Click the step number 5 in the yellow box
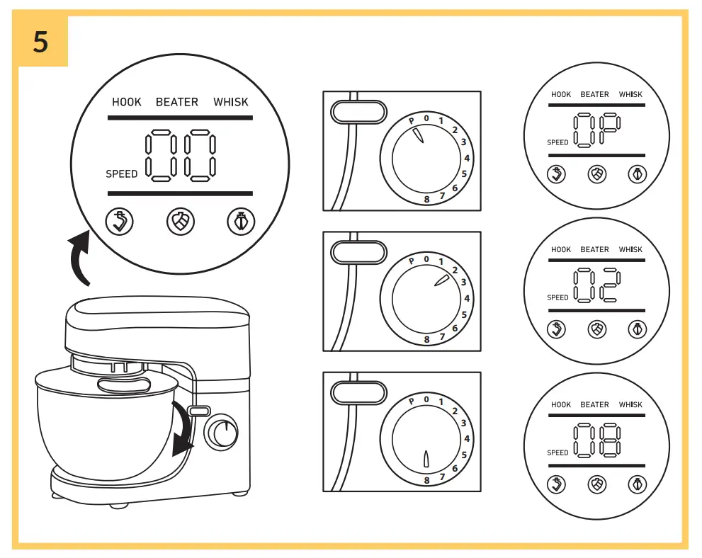41,42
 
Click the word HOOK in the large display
127,102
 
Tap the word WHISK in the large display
231,102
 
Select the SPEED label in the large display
122,173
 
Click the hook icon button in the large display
119,222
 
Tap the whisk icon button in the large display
241,222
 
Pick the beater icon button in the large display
180,222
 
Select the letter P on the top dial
411,121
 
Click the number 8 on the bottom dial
426,480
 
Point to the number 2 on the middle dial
455,270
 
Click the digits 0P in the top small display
596,130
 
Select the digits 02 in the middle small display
596,285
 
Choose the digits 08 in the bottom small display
596,440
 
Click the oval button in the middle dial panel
358,252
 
